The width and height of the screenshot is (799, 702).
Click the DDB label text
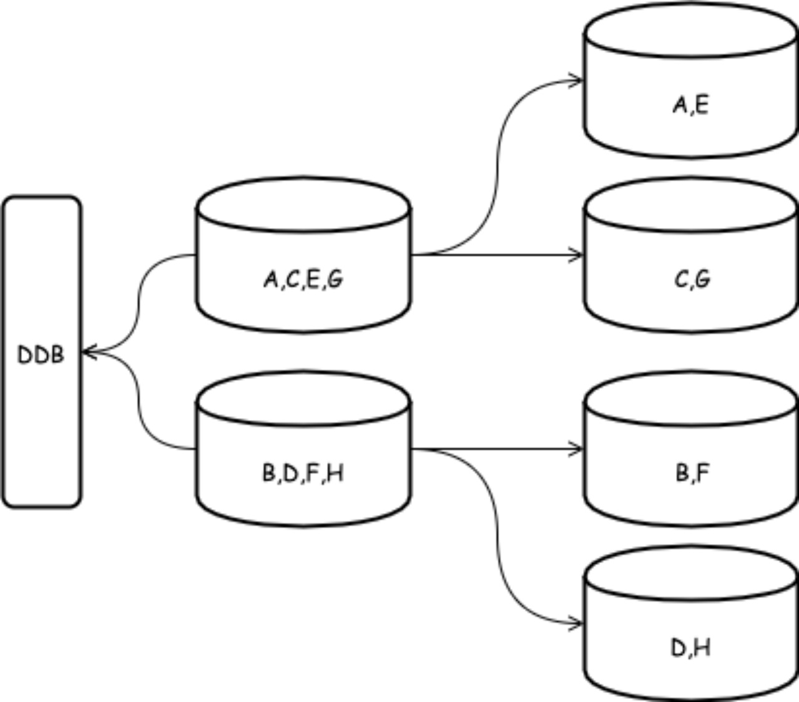coord(41,354)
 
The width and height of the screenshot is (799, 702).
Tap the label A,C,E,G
coord(303,279)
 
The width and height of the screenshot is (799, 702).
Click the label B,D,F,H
coord(303,474)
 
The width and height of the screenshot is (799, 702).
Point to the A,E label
coord(691,104)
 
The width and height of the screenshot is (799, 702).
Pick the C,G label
coord(692,279)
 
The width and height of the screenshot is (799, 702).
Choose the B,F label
coord(692,474)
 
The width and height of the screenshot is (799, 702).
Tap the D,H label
coord(691,648)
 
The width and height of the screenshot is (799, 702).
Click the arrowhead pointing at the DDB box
coord(87,353)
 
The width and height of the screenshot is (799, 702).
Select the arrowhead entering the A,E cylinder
coord(577,80)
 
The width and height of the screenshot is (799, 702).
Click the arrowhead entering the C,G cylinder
coord(577,255)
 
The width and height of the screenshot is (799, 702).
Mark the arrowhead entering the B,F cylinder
coord(577,449)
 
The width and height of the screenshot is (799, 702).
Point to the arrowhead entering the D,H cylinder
coord(577,623)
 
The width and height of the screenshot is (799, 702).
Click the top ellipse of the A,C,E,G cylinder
coord(303,206)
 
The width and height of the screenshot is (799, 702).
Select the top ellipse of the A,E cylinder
coord(691,31)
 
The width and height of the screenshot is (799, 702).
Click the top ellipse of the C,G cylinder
coord(691,206)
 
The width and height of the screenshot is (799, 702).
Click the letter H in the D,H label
coord(702,648)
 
